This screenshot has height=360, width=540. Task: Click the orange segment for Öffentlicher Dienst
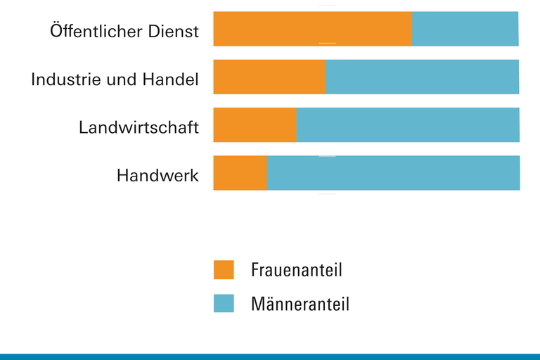pyautogui.click(x=312, y=29)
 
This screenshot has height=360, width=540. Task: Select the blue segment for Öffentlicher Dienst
pyautogui.click(x=465, y=29)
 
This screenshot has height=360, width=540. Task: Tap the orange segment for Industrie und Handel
pyautogui.click(x=269, y=77)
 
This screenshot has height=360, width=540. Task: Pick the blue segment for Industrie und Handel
pyautogui.click(x=422, y=77)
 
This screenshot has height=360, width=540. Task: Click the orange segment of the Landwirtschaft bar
pyautogui.click(x=255, y=125)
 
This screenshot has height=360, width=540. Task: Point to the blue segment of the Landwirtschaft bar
pyautogui.click(x=408, y=125)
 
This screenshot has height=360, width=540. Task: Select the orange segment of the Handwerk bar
pyautogui.click(x=240, y=173)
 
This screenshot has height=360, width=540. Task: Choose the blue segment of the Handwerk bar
pyautogui.click(x=393, y=173)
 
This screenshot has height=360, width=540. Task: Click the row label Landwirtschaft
pyautogui.click(x=139, y=128)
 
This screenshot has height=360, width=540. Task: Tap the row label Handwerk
pyautogui.click(x=157, y=175)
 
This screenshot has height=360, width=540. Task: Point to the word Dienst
pyautogui.click(x=172, y=32)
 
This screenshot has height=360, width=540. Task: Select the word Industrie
pyautogui.click(x=65, y=79)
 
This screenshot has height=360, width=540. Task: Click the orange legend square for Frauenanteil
pyautogui.click(x=224, y=270)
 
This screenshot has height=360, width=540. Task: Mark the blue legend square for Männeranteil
pyautogui.click(x=224, y=303)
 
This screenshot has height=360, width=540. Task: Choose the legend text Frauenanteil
pyautogui.click(x=296, y=270)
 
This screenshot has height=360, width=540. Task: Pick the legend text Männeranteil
pyautogui.click(x=300, y=304)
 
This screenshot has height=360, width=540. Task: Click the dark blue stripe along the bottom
pyautogui.click(x=270, y=356)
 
